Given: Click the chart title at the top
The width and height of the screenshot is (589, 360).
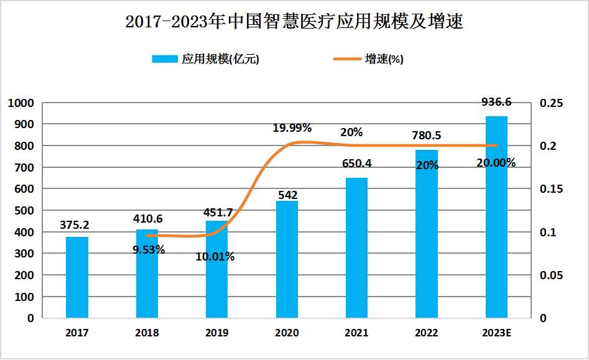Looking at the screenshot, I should (x=294, y=22).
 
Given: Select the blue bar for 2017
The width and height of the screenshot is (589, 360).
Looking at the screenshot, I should (x=77, y=277).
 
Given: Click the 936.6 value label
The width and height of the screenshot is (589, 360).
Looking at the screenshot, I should (x=496, y=102).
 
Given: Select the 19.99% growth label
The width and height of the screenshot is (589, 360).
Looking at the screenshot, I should (x=292, y=128).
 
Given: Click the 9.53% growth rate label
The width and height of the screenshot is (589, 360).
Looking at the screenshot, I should (x=149, y=250).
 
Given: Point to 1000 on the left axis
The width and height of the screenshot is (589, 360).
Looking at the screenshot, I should (x=21, y=103).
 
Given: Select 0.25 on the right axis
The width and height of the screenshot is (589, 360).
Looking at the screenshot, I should (x=551, y=103).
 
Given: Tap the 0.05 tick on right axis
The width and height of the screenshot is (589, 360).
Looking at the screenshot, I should (x=551, y=275).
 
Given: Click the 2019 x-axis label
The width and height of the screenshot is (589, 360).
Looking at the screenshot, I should (x=216, y=333).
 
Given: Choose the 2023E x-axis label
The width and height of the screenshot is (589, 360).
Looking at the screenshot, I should (x=496, y=333).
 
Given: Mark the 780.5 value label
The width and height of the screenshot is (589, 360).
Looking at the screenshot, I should (x=427, y=136).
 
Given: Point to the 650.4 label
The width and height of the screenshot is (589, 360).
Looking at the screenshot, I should (x=357, y=164).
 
